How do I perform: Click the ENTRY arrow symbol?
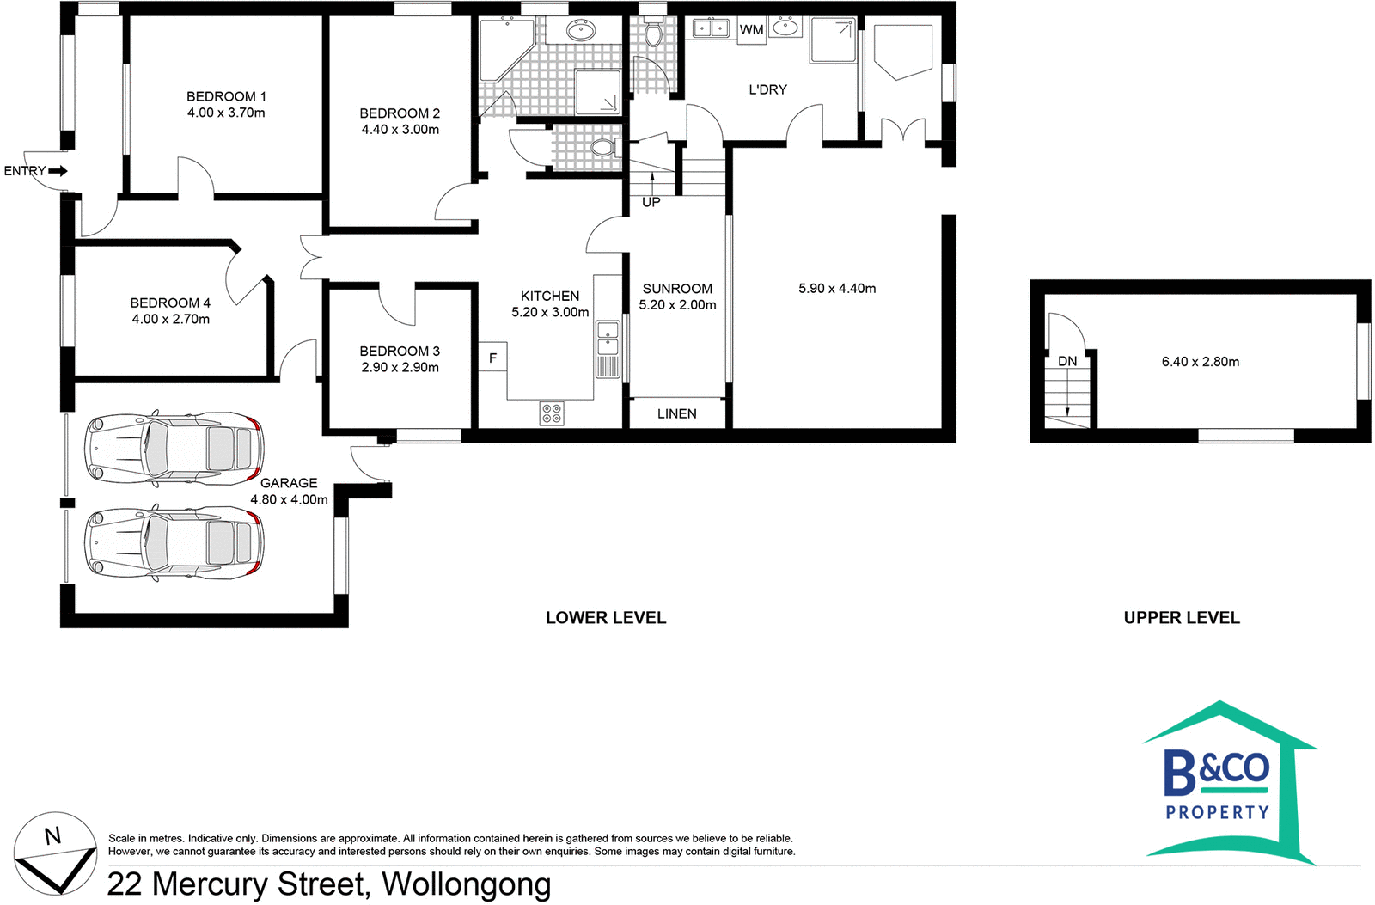click(58, 171)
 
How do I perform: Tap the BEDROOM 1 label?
click(226, 96)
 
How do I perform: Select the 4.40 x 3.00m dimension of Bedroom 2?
click(400, 130)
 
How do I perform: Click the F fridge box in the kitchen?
click(492, 358)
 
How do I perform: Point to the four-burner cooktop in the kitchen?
click(552, 413)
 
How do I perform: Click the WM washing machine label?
click(751, 30)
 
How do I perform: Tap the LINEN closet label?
click(676, 413)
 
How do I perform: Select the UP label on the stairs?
click(651, 202)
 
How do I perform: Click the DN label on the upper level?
click(1067, 361)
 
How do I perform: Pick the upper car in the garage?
click(174, 448)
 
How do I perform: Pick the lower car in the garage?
click(174, 542)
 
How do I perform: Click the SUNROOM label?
click(677, 289)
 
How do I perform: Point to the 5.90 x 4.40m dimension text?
click(837, 289)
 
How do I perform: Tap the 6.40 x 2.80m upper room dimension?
click(1200, 362)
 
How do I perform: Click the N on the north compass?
click(53, 835)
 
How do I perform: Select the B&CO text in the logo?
click(1216, 770)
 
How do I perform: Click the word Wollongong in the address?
click(466, 884)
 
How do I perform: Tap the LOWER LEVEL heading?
click(606, 617)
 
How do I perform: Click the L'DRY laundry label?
click(767, 89)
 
